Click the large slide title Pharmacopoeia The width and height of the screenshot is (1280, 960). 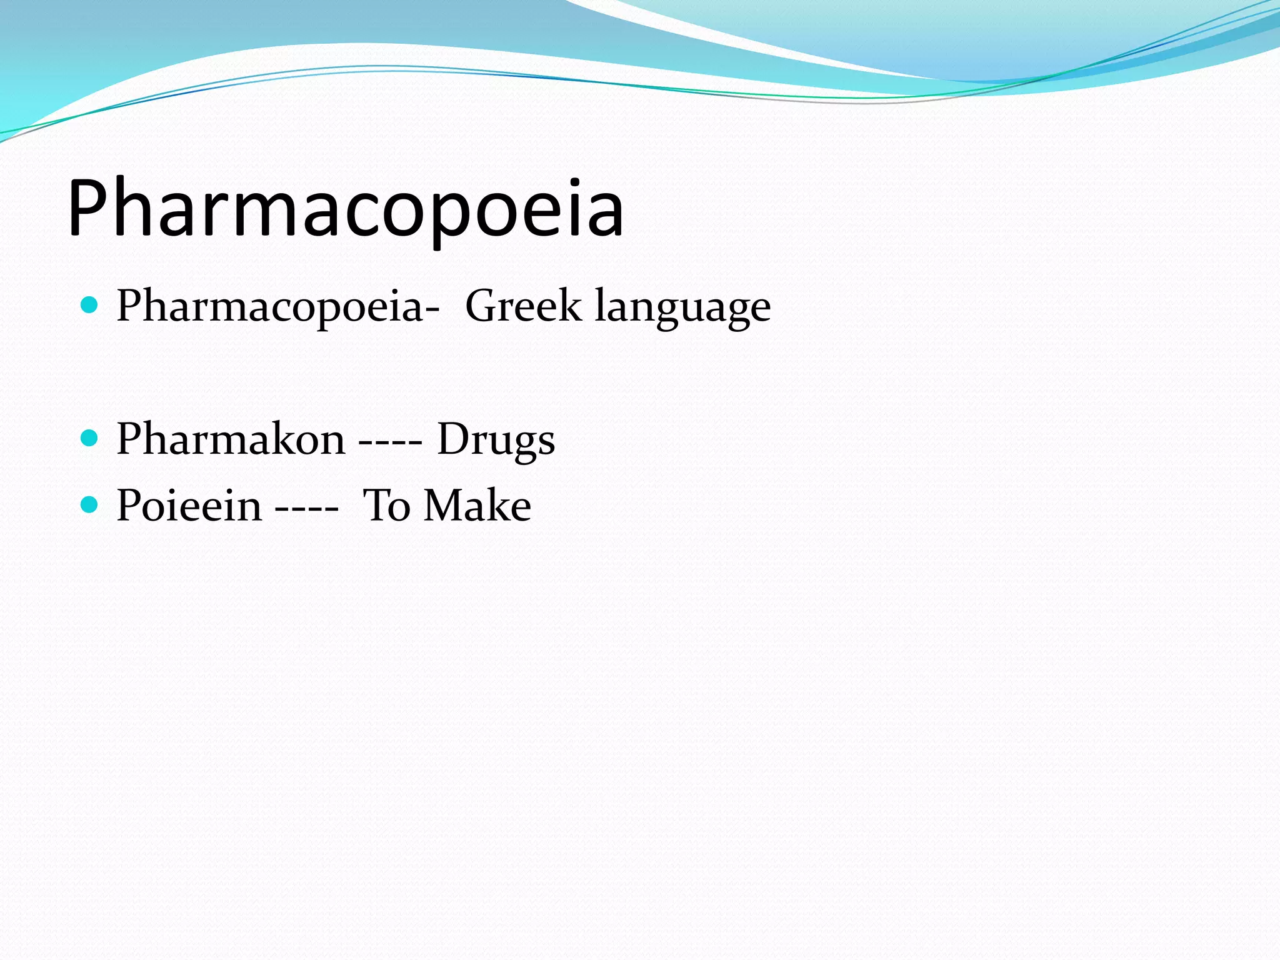tap(346, 209)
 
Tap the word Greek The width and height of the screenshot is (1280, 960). tap(522, 306)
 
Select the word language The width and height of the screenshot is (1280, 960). tap(682, 307)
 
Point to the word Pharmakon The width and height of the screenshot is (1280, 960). tap(231, 439)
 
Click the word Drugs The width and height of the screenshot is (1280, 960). tap(496, 440)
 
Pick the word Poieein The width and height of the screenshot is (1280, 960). tap(189, 505)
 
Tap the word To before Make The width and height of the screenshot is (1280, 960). tap(386, 505)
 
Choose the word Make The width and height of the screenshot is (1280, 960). tap(477, 505)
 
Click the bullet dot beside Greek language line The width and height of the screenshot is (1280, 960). tap(90, 306)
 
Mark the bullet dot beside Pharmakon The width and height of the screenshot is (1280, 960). tap(90, 438)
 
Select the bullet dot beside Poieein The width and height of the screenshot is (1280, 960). tap(90, 504)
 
